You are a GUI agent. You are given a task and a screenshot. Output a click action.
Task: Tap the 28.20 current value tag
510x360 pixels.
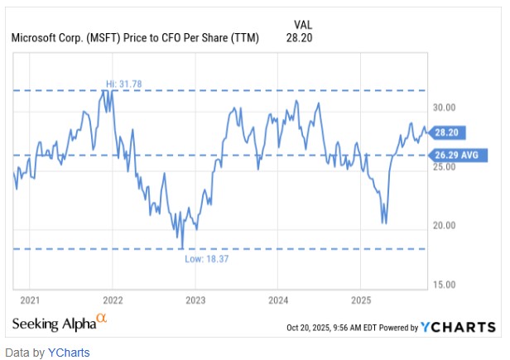(x=448, y=132)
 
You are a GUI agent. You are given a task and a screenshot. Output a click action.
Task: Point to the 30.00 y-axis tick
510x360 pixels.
(x=447, y=108)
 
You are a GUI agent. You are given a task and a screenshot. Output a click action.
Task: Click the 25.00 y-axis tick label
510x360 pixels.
(x=447, y=166)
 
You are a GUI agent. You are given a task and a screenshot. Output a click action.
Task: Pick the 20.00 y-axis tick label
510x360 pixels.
(x=447, y=225)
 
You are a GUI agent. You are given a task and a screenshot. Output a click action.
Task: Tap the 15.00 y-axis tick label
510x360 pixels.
(x=447, y=284)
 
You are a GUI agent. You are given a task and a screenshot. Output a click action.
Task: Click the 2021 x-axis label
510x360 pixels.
(x=30, y=300)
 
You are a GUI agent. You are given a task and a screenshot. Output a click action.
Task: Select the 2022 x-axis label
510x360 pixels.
(x=113, y=300)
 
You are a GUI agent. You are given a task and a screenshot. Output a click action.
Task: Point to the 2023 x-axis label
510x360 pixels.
(x=195, y=300)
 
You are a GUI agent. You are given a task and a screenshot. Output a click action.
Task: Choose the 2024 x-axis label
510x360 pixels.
(x=278, y=300)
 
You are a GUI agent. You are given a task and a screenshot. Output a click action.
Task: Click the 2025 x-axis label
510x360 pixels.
(x=361, y=300)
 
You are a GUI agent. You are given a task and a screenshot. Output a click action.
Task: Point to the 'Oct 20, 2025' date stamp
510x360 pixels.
(x=307, y=328)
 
